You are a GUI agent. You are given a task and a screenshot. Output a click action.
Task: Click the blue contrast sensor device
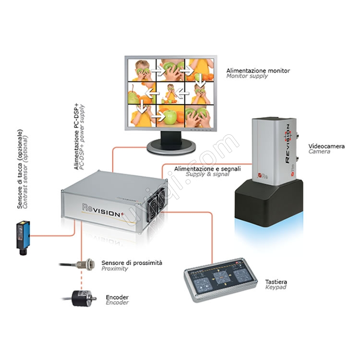(x=23, y=238)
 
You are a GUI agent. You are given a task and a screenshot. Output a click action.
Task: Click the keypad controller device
(x=220, y=279)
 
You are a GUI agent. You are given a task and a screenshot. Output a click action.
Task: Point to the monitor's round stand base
(x=171, y=147)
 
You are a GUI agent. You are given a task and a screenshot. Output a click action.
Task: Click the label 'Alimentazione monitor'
(x=258, y=71)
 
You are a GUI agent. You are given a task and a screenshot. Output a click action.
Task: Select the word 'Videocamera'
(x=326, y=146)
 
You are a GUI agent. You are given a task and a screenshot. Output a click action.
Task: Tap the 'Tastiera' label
(x=276, y=282)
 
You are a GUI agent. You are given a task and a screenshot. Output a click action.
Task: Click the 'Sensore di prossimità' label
(x=132, y=263)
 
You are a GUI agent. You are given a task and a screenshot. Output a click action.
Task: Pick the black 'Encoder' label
(x=117, y=297)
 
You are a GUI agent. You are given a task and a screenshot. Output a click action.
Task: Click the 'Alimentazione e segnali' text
(x=207, y=169)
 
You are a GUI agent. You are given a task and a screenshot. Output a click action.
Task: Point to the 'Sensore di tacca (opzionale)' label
(x=20, y=169)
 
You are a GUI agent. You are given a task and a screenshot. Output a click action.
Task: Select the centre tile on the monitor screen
(x=171, y=93)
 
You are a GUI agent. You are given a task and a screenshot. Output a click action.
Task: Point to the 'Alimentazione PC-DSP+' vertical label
(x=76, y=137)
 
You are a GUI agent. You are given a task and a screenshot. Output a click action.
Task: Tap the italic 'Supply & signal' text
(x=207, y=174)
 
